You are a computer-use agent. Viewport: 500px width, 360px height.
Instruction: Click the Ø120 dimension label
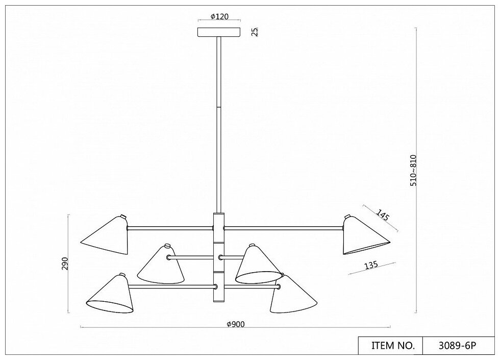point(219,16)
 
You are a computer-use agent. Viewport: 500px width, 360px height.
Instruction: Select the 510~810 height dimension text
point(413,170)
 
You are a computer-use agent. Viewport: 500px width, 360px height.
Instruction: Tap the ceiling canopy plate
point(219,32)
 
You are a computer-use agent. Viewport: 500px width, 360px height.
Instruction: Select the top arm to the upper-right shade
point(284,228)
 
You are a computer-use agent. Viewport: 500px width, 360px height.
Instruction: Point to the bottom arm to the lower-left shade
point(170,286)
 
